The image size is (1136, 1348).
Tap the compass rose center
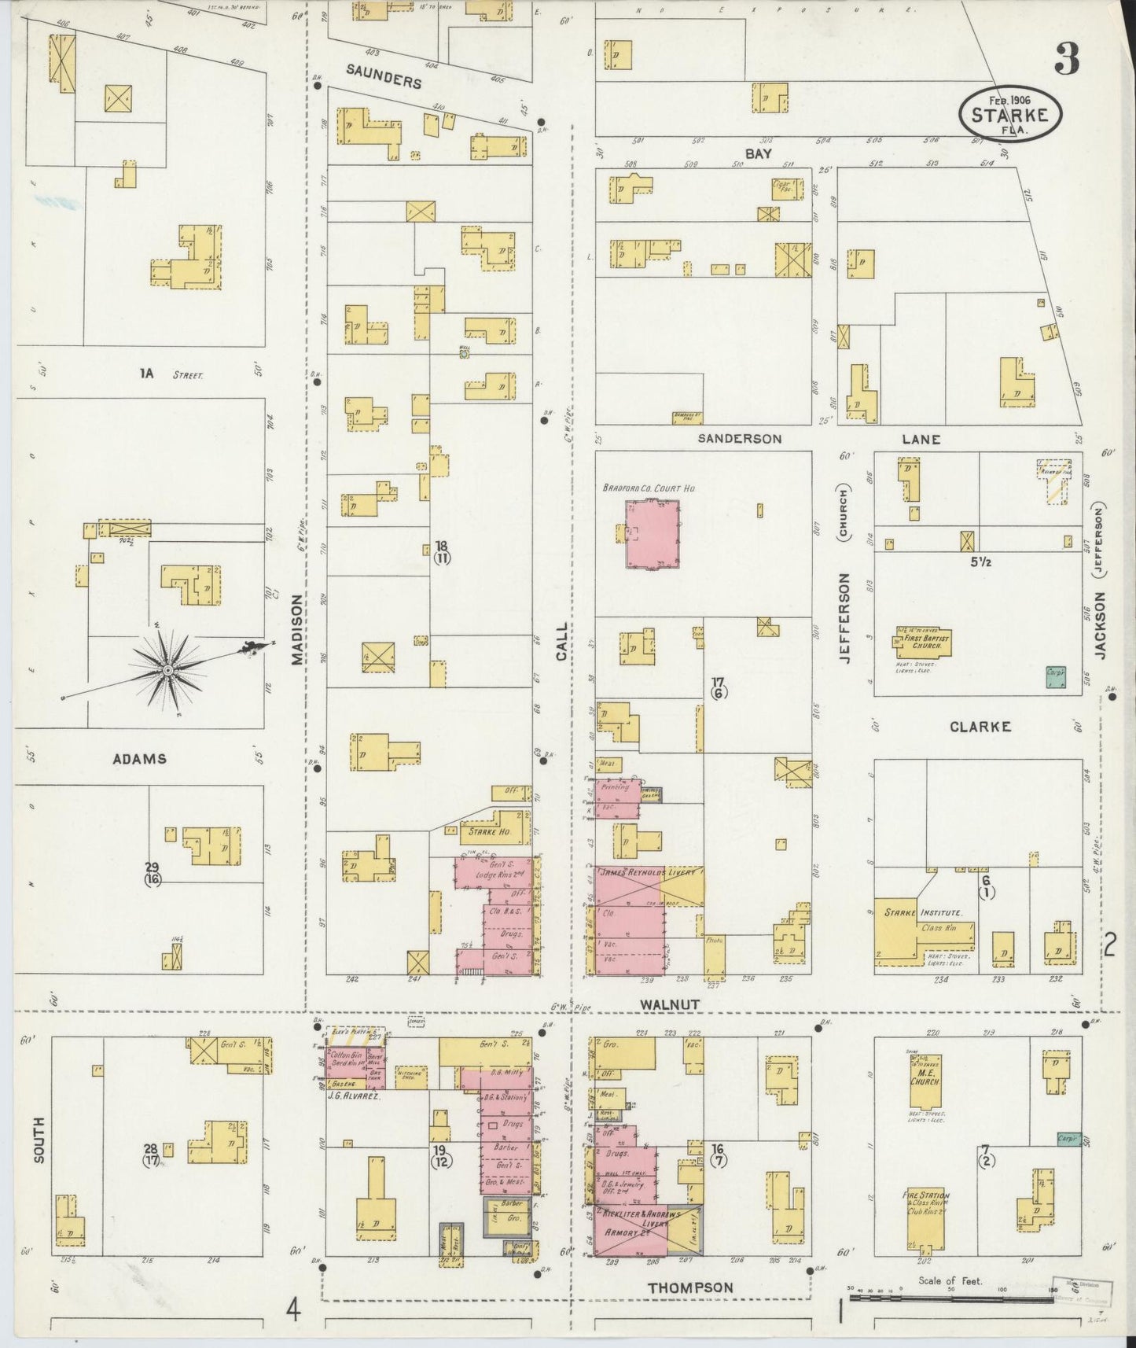pyautogui.click(x=167, y=669)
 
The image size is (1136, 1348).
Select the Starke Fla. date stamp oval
pyautogui.click(x=1010, y=115)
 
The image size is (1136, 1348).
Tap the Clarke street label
pyautogui.click(x=980, y=727)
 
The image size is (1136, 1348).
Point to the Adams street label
pyautogui.click(x=140, y=759)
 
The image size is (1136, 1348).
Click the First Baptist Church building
pyautogui.click(x=921, y=642)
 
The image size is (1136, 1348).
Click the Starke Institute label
pyautogui.click(x=934, y=912)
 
